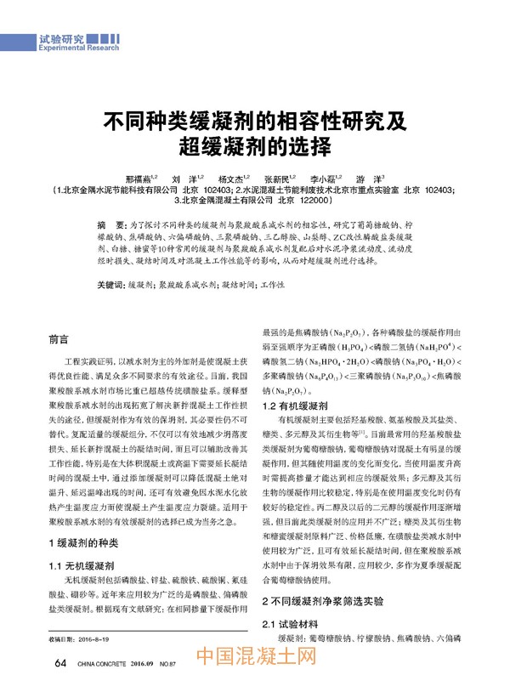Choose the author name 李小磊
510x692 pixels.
click(x=323, y=179)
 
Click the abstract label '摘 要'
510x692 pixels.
click(x=110, y=221)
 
